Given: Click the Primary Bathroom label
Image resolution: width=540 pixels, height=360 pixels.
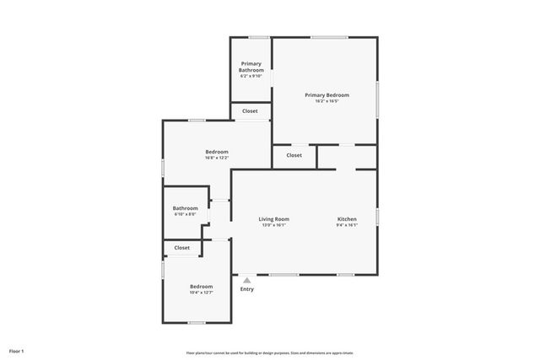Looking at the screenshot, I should click(251, 67).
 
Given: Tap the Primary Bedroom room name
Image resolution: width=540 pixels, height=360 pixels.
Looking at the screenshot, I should click(327, 95).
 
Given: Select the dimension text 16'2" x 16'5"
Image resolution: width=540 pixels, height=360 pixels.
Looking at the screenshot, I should click(327, 101).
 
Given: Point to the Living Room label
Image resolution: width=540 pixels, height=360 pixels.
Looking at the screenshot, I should click(274, 219).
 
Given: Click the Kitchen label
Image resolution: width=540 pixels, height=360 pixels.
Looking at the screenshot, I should click(347, 219).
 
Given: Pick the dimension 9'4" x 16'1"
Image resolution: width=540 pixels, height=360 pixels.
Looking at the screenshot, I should click(347, 225).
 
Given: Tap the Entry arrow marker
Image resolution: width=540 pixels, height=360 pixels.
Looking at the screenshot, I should click(246, 281).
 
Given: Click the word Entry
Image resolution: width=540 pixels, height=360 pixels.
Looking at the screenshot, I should click(246, 289).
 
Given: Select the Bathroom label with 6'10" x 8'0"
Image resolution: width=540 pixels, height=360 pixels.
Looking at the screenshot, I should click(186, 208).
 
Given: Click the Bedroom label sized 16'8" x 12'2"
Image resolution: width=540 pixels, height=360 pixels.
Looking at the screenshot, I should click(217, 152).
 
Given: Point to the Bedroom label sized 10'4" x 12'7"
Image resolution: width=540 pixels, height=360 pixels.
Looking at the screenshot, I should click(201, 287).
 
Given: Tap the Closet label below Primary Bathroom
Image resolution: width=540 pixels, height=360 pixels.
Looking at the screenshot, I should click(251, 111).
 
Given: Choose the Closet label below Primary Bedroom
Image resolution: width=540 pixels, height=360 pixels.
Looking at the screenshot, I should click(294, 155).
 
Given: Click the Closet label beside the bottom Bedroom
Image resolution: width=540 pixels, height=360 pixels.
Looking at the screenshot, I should click(182, 248).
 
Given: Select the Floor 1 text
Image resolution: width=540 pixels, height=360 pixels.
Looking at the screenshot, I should click(17, 351).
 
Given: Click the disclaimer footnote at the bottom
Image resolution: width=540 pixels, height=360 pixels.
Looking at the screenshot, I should click(270, 352).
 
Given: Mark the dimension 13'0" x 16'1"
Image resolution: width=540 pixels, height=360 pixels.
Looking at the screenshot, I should click(274, 225).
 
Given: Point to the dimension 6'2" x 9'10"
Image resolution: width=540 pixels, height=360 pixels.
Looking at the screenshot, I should click(251, 76).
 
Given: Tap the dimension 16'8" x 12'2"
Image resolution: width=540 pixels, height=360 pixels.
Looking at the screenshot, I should click(217, 158).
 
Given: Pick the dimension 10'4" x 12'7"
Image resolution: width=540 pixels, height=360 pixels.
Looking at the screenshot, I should click(201, 293).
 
